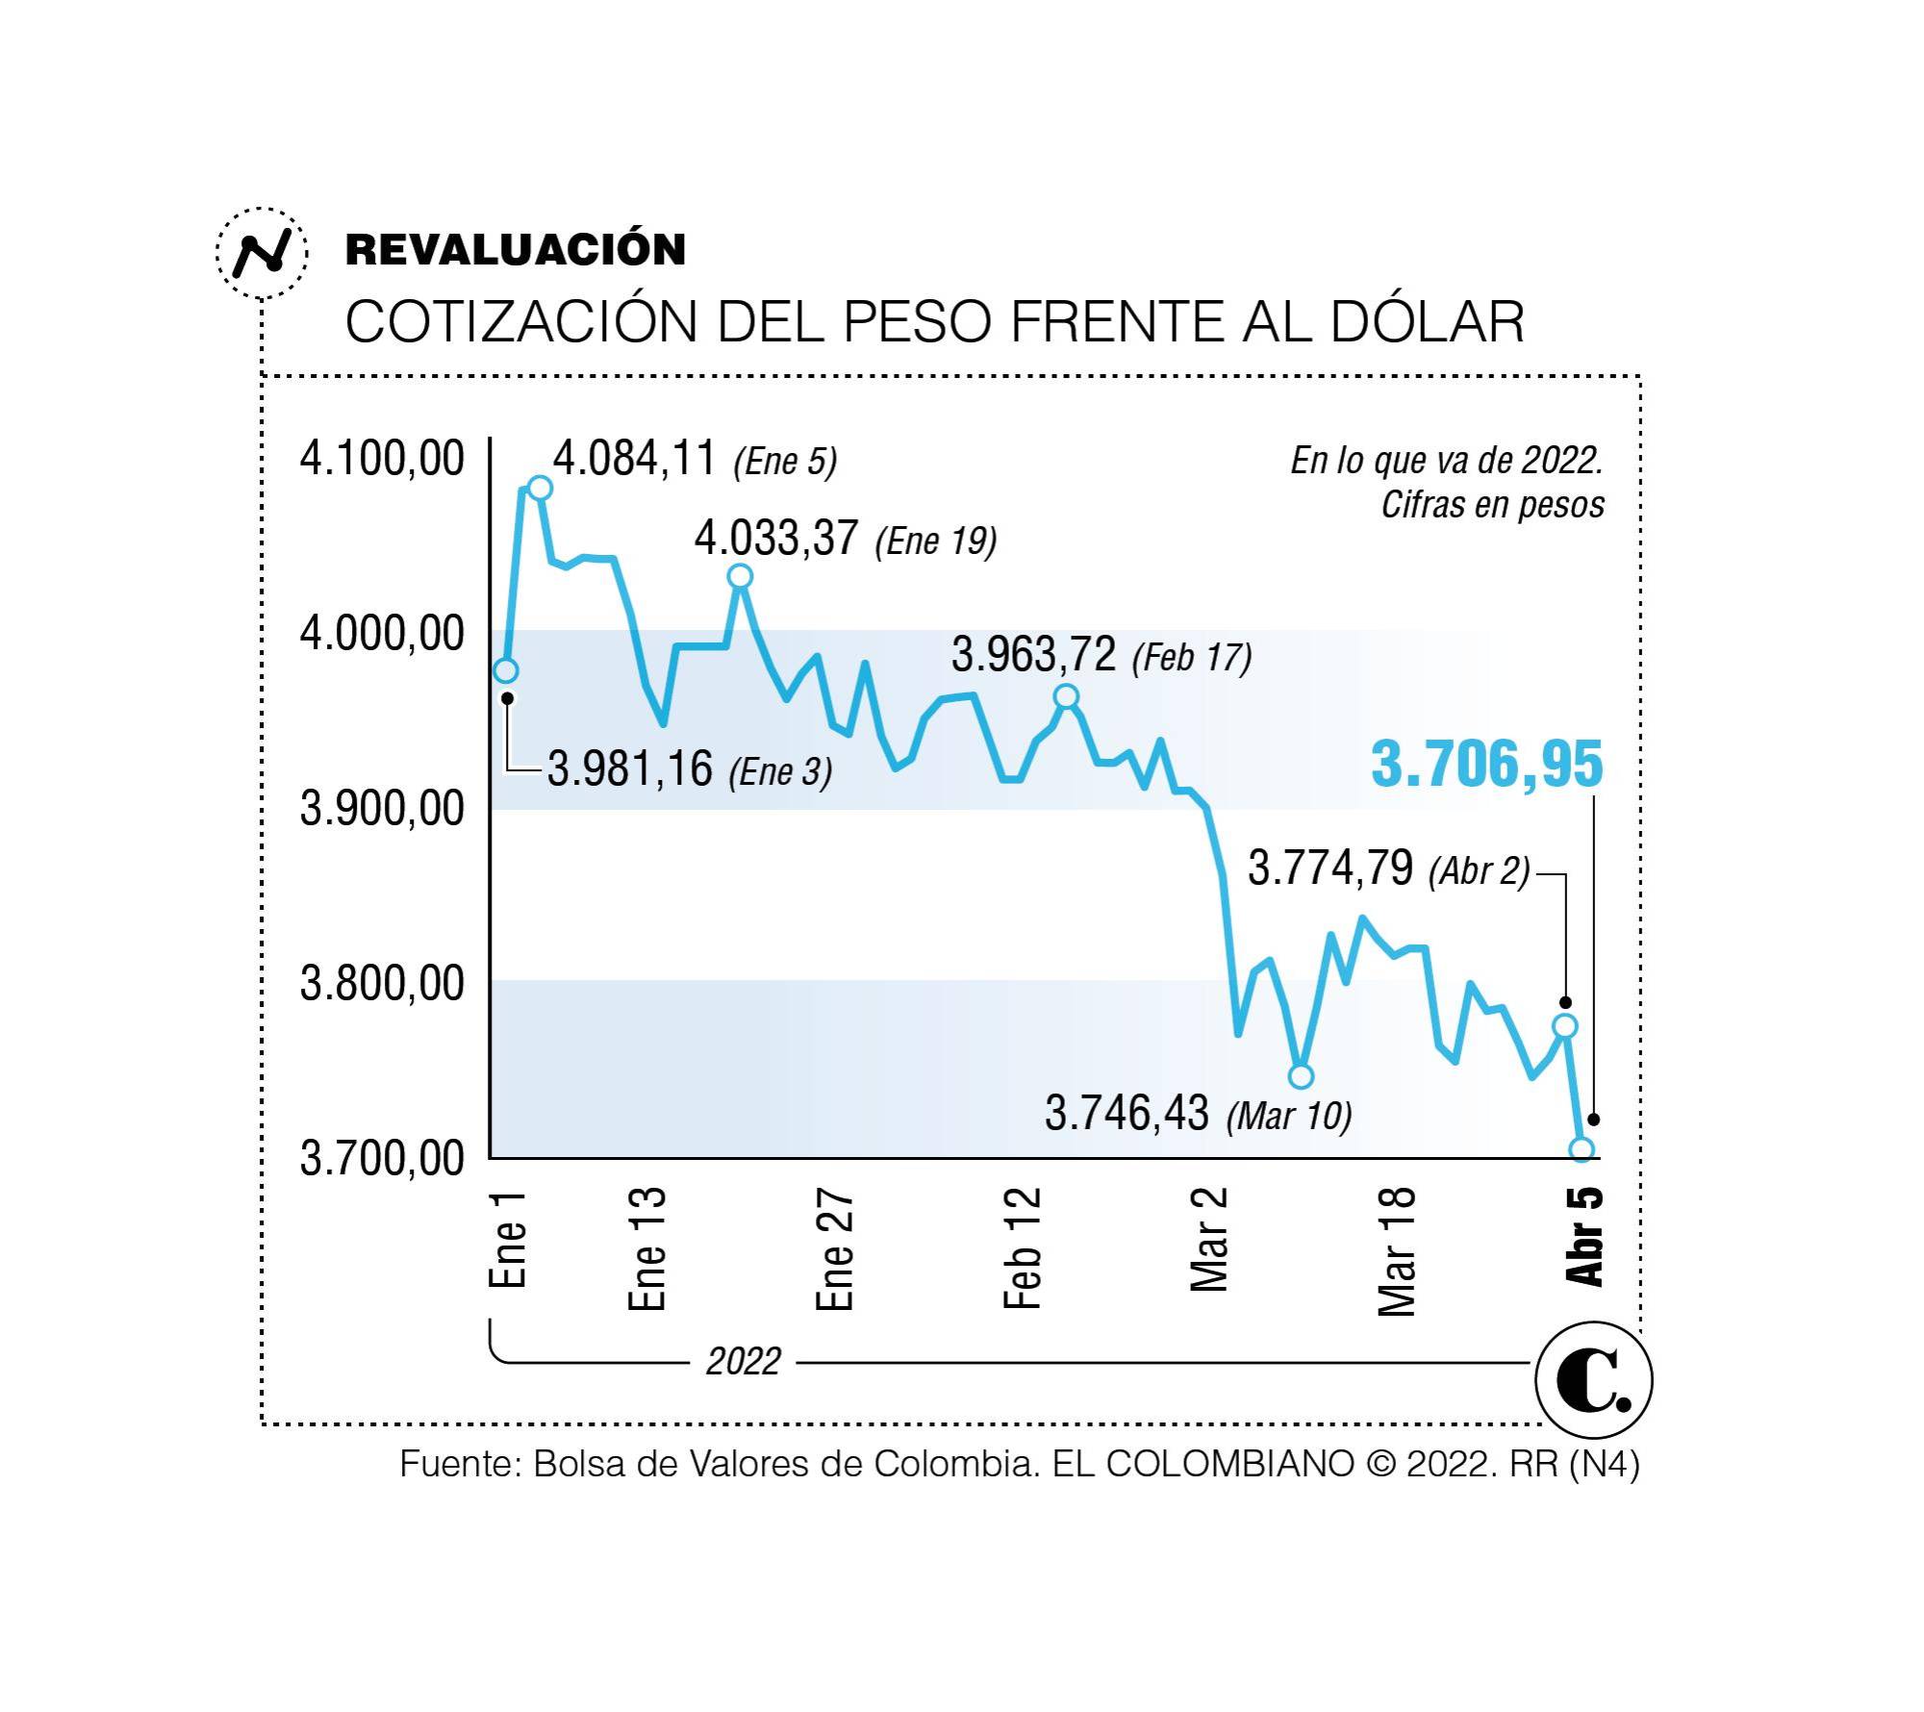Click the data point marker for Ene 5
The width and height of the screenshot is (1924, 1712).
point(540,488)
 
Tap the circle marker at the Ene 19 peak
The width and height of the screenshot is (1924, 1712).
point(740,576)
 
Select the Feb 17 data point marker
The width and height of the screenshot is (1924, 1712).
point(1066,696)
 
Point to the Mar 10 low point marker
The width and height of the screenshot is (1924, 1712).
point(1301,1076)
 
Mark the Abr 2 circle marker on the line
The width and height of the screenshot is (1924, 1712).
point(1565,1026)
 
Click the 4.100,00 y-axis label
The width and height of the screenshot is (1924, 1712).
point(382,458)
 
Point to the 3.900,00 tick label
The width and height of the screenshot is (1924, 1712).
point(382,809)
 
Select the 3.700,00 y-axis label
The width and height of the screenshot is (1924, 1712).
point(382,1159)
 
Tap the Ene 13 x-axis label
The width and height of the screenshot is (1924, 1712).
point(647,1248)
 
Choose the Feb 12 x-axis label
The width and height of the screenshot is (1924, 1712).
point(1023,1248)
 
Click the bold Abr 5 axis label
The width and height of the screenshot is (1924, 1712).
point(1585,1237)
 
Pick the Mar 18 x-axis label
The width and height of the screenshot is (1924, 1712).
point(1398,1250)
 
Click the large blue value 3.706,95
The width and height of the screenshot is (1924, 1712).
point(1486,765)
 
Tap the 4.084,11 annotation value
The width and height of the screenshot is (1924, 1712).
point(635,459)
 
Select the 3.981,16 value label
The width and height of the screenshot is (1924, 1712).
point(630,769)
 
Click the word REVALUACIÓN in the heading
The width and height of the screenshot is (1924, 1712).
point(516,250)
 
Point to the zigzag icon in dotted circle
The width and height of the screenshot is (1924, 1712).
point(262,253)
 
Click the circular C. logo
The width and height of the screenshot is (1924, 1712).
point(1593,1380)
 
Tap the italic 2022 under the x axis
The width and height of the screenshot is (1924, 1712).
point(743,1362)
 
